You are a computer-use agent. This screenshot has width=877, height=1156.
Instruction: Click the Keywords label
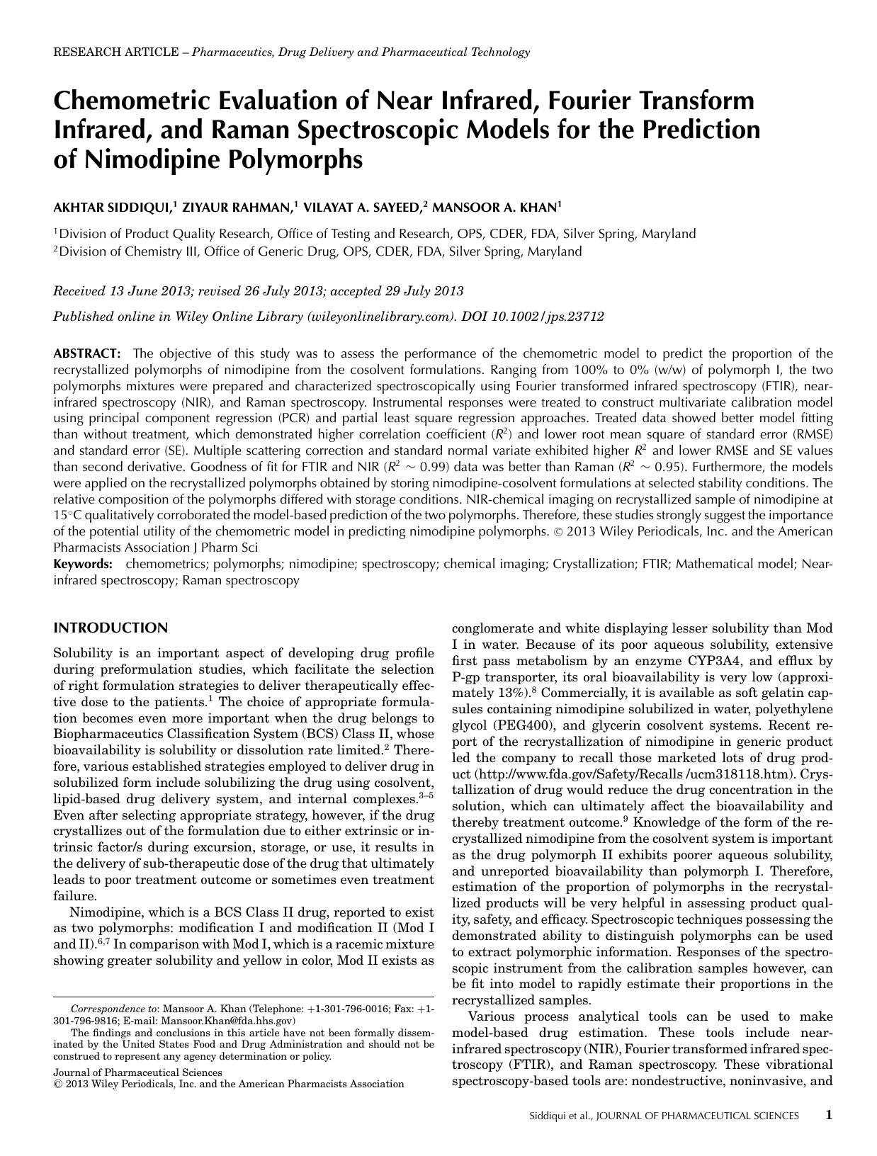[x=83, y=564]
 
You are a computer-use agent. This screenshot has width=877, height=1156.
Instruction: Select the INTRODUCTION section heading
[x=111, y=628]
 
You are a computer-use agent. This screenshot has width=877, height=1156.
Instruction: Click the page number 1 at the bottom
[x=828, y=1115]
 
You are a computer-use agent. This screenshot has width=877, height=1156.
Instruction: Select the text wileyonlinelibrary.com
[x=379, y=317]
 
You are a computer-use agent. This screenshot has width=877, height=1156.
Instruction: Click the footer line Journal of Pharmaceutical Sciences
[x=137, y=1072]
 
